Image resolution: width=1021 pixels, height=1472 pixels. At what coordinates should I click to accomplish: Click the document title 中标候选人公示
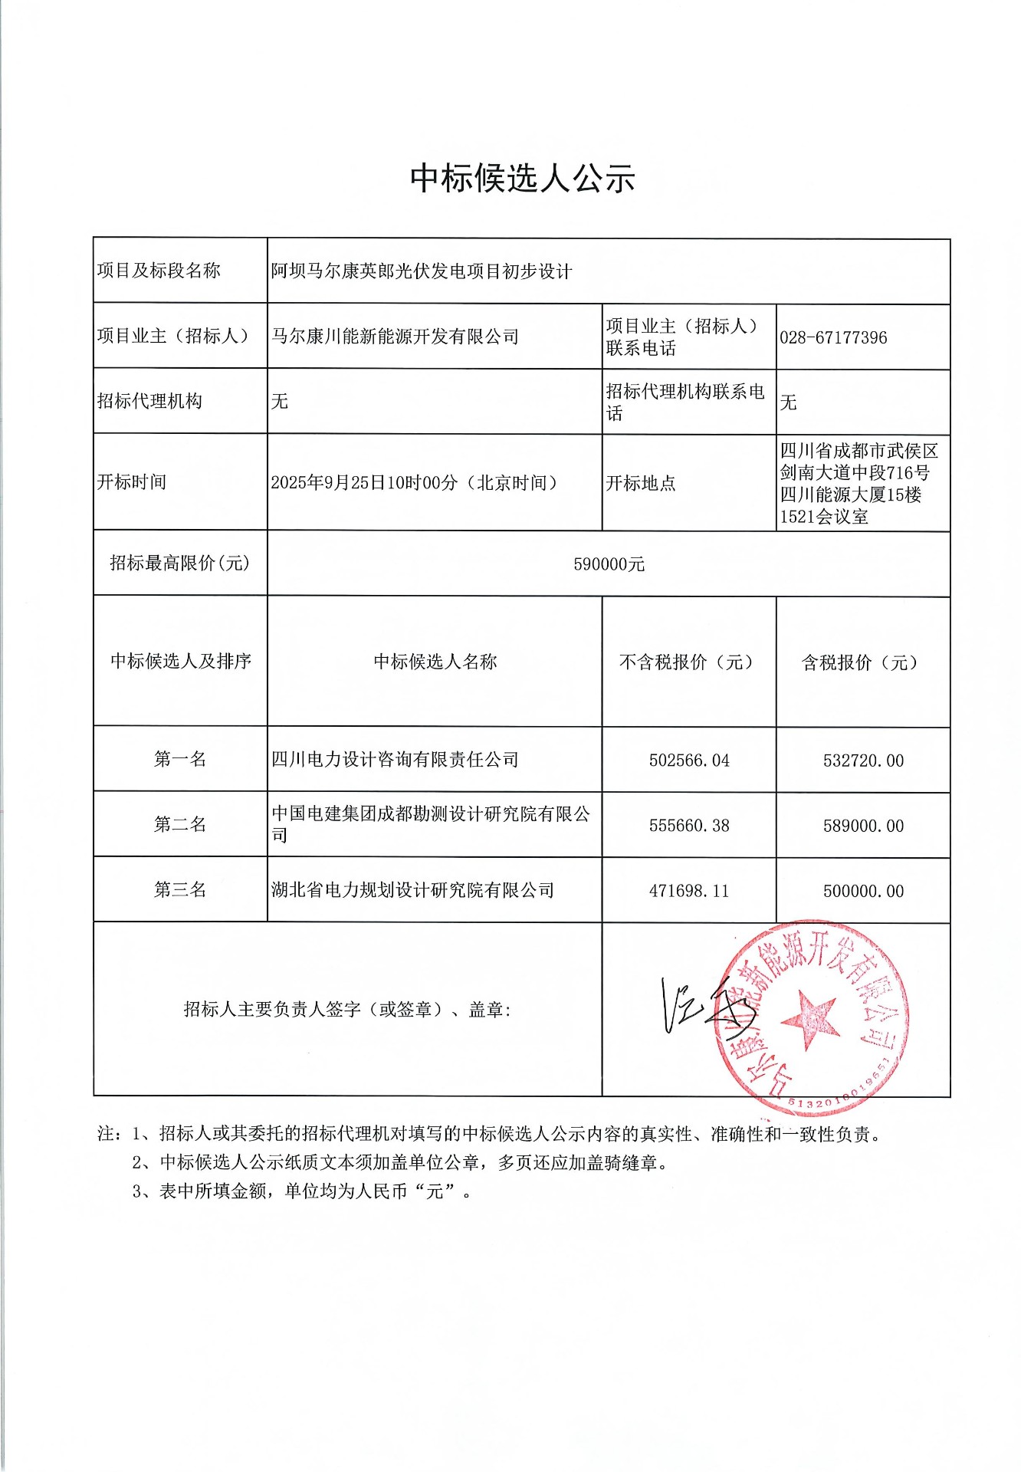coord(523,179)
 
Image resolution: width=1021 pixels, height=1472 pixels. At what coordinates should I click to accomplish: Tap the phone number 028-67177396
coord(833,337)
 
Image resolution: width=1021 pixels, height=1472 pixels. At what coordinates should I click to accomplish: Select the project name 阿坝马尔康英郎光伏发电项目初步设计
coord(422,271)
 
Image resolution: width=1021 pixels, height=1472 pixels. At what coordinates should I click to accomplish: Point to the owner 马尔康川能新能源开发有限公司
coord(395,337)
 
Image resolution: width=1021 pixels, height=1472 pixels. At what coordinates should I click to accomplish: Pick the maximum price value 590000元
coord(609,564)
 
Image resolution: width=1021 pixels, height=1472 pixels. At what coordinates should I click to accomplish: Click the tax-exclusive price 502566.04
coord(689,761)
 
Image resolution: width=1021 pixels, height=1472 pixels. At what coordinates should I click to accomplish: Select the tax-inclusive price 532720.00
coord(863,761)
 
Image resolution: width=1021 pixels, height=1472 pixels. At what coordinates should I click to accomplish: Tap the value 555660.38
coord(689,826)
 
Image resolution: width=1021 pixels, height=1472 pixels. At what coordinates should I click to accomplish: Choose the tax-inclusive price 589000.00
coord(863,826)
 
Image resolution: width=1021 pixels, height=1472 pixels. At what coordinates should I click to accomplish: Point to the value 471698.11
coord(689,891)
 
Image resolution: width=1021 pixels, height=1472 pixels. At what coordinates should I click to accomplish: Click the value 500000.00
coord(863,891)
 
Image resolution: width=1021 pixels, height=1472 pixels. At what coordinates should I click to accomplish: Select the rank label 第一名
coord(180,759)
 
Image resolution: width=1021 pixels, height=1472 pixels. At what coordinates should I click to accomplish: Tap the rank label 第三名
coord(180,889)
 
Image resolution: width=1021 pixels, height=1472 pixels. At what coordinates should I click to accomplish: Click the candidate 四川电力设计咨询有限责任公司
coord(395,760)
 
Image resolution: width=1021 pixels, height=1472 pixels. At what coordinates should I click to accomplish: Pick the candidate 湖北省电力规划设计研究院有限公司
coord(412,890)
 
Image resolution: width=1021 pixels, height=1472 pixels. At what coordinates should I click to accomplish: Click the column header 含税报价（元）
coord(859,662)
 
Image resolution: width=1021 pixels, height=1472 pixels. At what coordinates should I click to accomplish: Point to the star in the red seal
coord(809,1019)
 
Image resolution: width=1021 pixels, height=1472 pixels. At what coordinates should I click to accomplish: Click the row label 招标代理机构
coord(149,401)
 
